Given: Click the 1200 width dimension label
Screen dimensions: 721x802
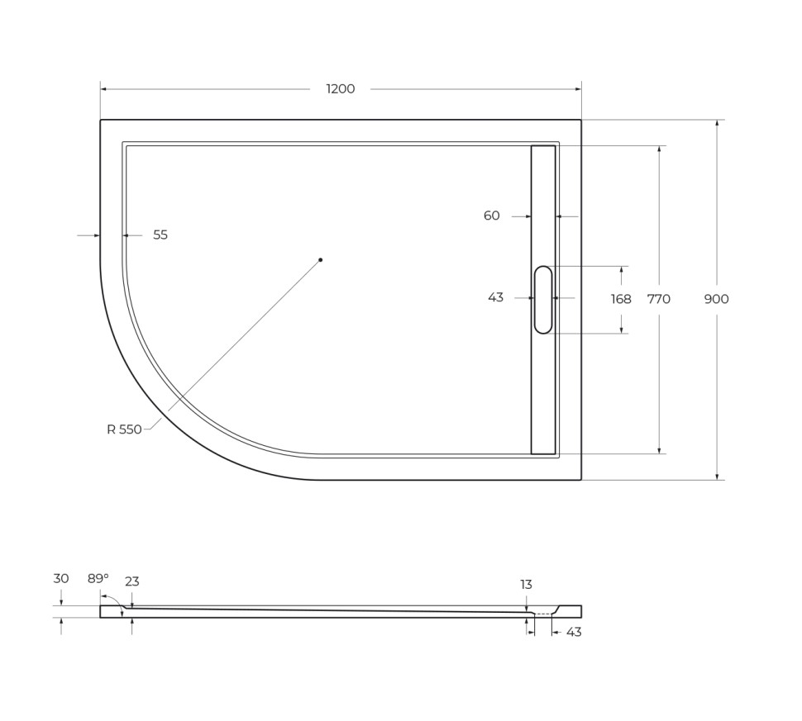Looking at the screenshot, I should [340, 89].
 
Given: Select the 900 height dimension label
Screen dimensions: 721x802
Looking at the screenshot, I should [716, 299].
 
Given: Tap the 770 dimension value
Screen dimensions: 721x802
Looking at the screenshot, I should [658, 299].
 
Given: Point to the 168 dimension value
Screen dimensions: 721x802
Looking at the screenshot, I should [621, 299].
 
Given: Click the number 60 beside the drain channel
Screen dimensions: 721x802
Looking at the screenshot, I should [491, 216].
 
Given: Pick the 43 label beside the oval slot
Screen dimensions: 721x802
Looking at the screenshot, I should [495, 297].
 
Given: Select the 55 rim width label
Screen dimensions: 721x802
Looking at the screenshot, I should [160, 235].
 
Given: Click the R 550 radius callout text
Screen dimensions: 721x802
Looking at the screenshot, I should [124, 429].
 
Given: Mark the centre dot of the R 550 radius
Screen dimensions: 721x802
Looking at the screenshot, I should [321, 260].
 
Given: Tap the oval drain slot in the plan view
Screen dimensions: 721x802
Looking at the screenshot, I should [543, 299].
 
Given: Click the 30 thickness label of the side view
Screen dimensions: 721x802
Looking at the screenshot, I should [61, 578].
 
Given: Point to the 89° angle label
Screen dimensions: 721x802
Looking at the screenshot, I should [98, 578].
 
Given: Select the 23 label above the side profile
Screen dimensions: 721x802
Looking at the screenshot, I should [132, 581].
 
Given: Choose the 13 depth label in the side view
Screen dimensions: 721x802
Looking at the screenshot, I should [526, 584].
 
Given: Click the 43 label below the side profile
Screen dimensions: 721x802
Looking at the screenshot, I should [574, 632].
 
